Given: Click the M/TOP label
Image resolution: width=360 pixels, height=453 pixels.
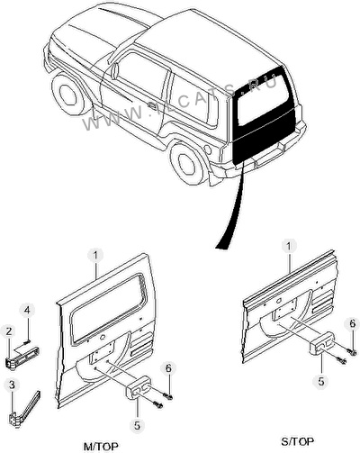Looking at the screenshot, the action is [x=101, y=446].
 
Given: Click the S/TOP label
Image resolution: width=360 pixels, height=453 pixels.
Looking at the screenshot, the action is [x=298, y=441].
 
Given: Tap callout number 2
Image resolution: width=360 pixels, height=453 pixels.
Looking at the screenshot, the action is [x=9, y=331].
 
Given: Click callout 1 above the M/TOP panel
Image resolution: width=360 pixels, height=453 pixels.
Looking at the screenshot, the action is [x=95, y=256].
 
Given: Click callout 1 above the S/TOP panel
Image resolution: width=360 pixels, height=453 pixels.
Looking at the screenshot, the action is [x=289, y=246].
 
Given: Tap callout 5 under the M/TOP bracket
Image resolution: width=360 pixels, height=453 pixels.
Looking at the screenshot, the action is [x=137, y=425].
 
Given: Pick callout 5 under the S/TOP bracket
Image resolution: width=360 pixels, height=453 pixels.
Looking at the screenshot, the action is [x=321, y=381].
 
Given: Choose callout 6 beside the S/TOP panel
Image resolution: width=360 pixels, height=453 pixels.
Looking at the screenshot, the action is [x=352, y=323].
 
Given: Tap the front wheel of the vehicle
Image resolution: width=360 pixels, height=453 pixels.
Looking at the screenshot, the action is [x=68, y=92].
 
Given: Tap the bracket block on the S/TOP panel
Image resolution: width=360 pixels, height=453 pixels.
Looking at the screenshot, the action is [x=322, y=343].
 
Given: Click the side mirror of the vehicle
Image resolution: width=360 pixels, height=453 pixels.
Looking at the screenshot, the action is [x=115, y=72].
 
